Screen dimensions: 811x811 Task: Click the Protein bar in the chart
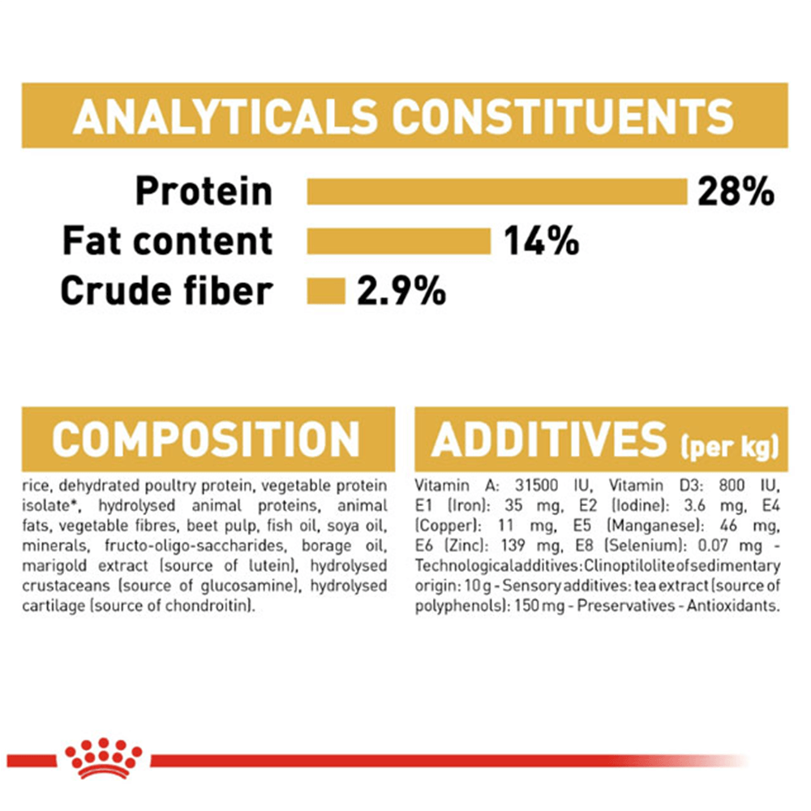click(x=497, y=192)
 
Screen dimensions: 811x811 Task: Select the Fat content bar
click(x=398, y=242)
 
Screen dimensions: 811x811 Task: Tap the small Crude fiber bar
click(x=326, y=290)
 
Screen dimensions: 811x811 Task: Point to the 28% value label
click(x=736, y=192)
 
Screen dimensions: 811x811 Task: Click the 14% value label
click(x=541, y=242)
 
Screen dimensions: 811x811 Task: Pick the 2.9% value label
click(x=401, y=290)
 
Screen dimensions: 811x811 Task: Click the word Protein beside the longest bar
click(x=204, y=192)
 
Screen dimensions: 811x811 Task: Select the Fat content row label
click(x=167, y=242)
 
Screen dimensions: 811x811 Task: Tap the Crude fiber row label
click(x=166, y=290)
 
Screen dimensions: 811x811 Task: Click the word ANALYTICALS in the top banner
click(x=225, y=116)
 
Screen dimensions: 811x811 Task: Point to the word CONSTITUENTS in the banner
click(x=563, y=116)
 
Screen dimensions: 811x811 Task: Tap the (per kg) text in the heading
click(x=729, y=446)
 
